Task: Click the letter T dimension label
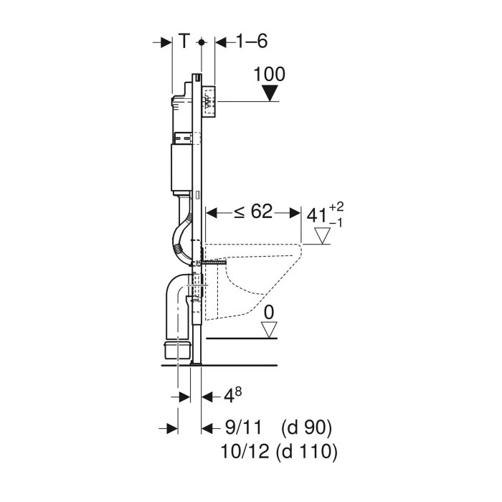tap(184, 42)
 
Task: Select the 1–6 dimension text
tap(251, 42)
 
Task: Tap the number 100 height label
tap(269, 75)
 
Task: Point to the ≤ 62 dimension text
tap(253, 212)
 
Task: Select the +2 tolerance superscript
tap(336, 207)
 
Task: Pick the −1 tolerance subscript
tap(336, 223)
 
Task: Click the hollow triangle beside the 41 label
tap(322, 236)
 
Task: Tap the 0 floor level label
tap(269, 312)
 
